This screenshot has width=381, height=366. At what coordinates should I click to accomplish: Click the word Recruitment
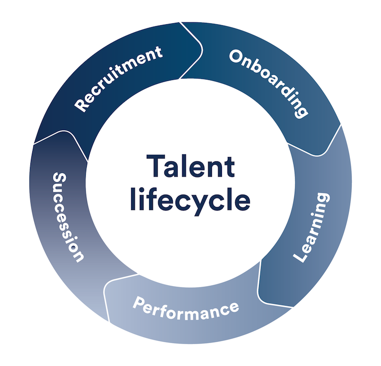click(119, 79)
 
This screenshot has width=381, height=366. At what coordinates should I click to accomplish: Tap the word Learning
click(311, 228)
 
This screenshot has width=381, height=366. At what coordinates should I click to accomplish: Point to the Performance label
click(185, 308)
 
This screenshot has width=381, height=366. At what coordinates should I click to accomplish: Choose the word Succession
click(68, 216)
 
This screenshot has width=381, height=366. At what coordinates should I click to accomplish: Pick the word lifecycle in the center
click(190, 200)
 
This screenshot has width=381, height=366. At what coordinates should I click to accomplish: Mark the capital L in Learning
click(300, 257)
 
